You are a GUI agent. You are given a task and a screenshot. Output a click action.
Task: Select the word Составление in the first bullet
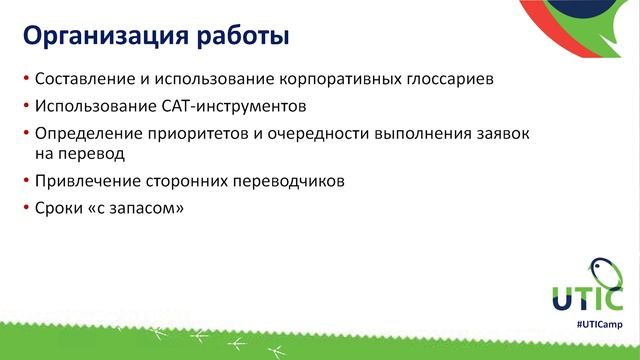click(81, 78)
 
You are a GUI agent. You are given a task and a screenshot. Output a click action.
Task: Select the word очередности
click(322, 132)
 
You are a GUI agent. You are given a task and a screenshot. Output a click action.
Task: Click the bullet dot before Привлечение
click(24, 181)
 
